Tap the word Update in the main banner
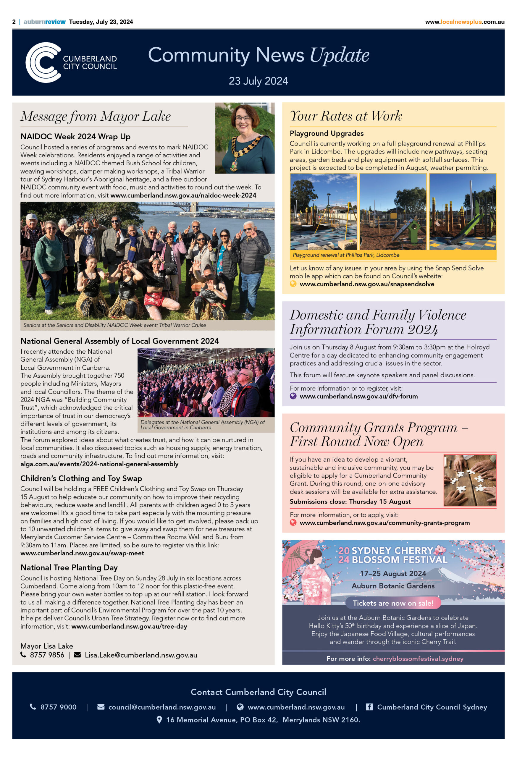point(339,55)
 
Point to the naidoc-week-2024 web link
point(183,195)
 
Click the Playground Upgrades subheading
point(327,133)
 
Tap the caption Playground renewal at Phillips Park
point(346,255)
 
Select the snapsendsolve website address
point(366,284)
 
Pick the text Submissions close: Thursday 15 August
point(350,501)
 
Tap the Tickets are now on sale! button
point(393,603)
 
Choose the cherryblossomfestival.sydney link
point(418,658)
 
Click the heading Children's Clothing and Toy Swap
point(81,478)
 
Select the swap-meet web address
point(82,553)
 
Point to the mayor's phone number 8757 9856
point(47,655)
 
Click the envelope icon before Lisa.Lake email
point(77,655)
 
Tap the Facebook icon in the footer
point(369,707)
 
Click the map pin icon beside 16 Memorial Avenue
point(159,719)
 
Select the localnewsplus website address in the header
point(465,22)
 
